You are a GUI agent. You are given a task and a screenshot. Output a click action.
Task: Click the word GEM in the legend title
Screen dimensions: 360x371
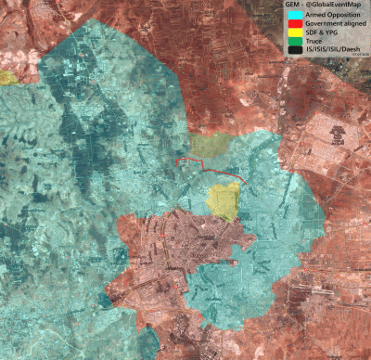click(293, 5)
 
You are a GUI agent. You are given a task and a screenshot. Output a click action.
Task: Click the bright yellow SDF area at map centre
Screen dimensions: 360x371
click(224, 200)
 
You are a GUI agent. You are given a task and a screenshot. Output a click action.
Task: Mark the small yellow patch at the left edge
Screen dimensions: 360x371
click(7, 78)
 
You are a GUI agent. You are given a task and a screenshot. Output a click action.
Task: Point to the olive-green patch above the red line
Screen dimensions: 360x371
click(210, 145)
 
